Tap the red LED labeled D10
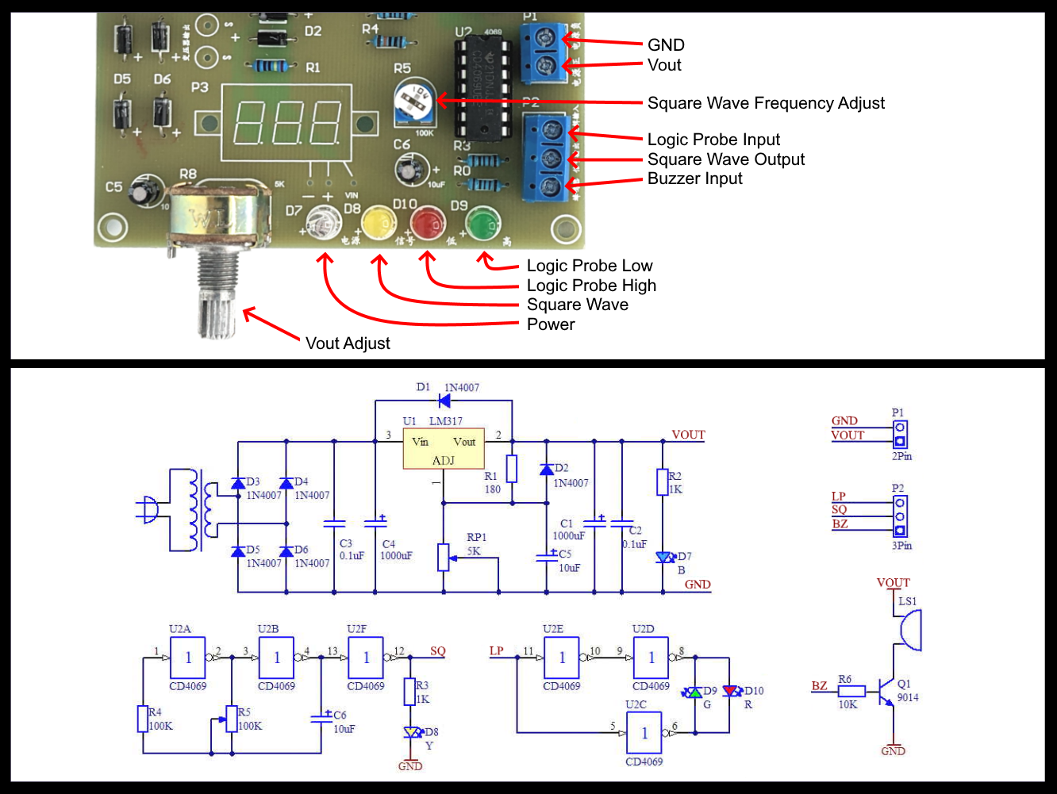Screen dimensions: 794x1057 click(428, 221)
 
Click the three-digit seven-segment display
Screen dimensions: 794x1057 click(287, 123)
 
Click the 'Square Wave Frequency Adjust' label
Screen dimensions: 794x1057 click(766, 103)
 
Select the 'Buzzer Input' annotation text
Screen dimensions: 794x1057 click(694, 178)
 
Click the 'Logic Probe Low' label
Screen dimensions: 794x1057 click(590, 266)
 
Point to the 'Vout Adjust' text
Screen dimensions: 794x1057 click(348, 343)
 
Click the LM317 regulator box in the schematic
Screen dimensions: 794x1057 click(443, 449)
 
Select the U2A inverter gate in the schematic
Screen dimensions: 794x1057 click(188, 658)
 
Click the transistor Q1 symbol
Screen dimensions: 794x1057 click(886, 692)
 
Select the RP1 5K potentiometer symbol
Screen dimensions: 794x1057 click(444, 557)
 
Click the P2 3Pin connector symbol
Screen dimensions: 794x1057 click(900, 516)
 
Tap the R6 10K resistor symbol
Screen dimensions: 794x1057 click(851, 691)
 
